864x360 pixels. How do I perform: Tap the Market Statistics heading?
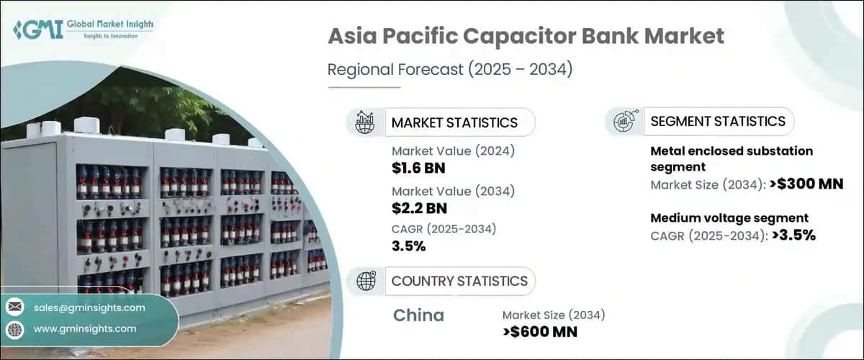[454, 122]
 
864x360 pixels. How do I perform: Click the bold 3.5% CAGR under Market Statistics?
[408, 246]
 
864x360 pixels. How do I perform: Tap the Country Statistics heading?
[459, 281]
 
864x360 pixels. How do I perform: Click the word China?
[419, 315]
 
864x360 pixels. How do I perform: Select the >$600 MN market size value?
[540, 331]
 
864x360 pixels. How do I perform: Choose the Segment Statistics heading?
[718, 121]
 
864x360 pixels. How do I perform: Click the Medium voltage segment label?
[729, 217]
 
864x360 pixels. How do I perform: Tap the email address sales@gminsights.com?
[89, 307]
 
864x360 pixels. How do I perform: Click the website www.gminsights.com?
[85, 328]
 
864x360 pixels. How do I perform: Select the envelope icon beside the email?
[15, 307]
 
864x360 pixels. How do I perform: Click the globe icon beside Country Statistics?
[366, 281]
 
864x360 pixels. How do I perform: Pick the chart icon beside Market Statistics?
[366, 122]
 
